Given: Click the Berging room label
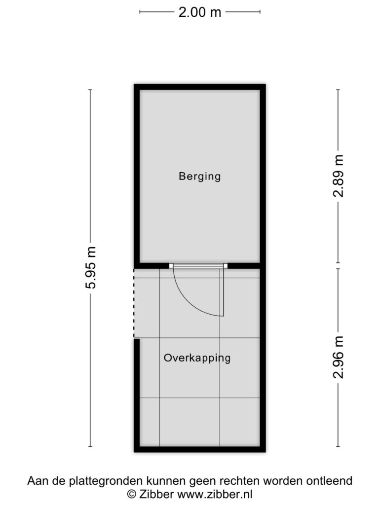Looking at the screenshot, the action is click(199, 177).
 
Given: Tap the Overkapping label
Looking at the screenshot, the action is click(197, 358).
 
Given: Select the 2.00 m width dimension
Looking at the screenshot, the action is click(200, 12).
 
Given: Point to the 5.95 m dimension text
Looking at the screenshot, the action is click(91, 268).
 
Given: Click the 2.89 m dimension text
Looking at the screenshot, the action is click(339, 176).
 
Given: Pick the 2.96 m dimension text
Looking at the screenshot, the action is click(339, 357).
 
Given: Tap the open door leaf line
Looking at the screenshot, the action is click(222, 292).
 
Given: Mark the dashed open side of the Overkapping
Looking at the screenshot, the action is click(134, 303).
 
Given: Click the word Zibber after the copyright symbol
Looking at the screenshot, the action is click(156, 494).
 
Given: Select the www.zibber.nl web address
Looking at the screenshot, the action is click(215, 494).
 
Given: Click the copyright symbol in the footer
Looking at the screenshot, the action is click(131, 494).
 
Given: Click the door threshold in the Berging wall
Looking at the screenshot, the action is click(198, 266).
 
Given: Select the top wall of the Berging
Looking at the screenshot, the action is click(200, 87).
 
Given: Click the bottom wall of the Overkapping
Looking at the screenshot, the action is click(200, 449).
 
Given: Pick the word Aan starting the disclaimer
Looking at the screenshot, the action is click(37, 481).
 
